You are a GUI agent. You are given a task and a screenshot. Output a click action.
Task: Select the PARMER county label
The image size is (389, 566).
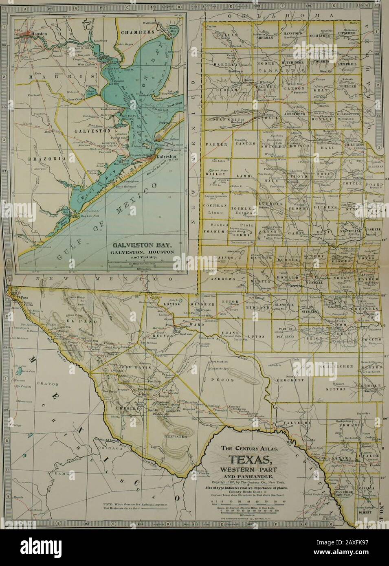tap(215, 144)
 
